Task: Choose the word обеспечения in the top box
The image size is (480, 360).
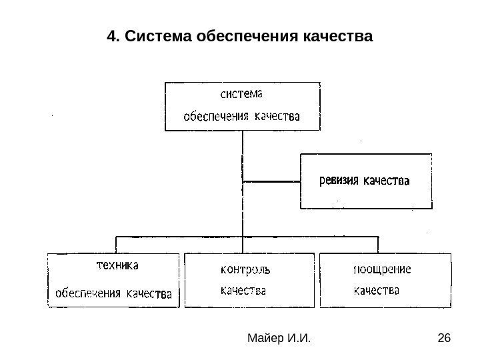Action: click(215, 116)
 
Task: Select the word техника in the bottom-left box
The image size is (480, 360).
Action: click(115, 265)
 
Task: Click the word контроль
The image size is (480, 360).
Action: click(245, 270)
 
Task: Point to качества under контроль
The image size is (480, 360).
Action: click(243, 291)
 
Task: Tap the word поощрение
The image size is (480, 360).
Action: click(381, 269)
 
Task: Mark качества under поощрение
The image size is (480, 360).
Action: click(376, 291)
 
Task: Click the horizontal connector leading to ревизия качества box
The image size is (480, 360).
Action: click(272, 181)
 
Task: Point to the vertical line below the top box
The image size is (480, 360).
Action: click(243, 153)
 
